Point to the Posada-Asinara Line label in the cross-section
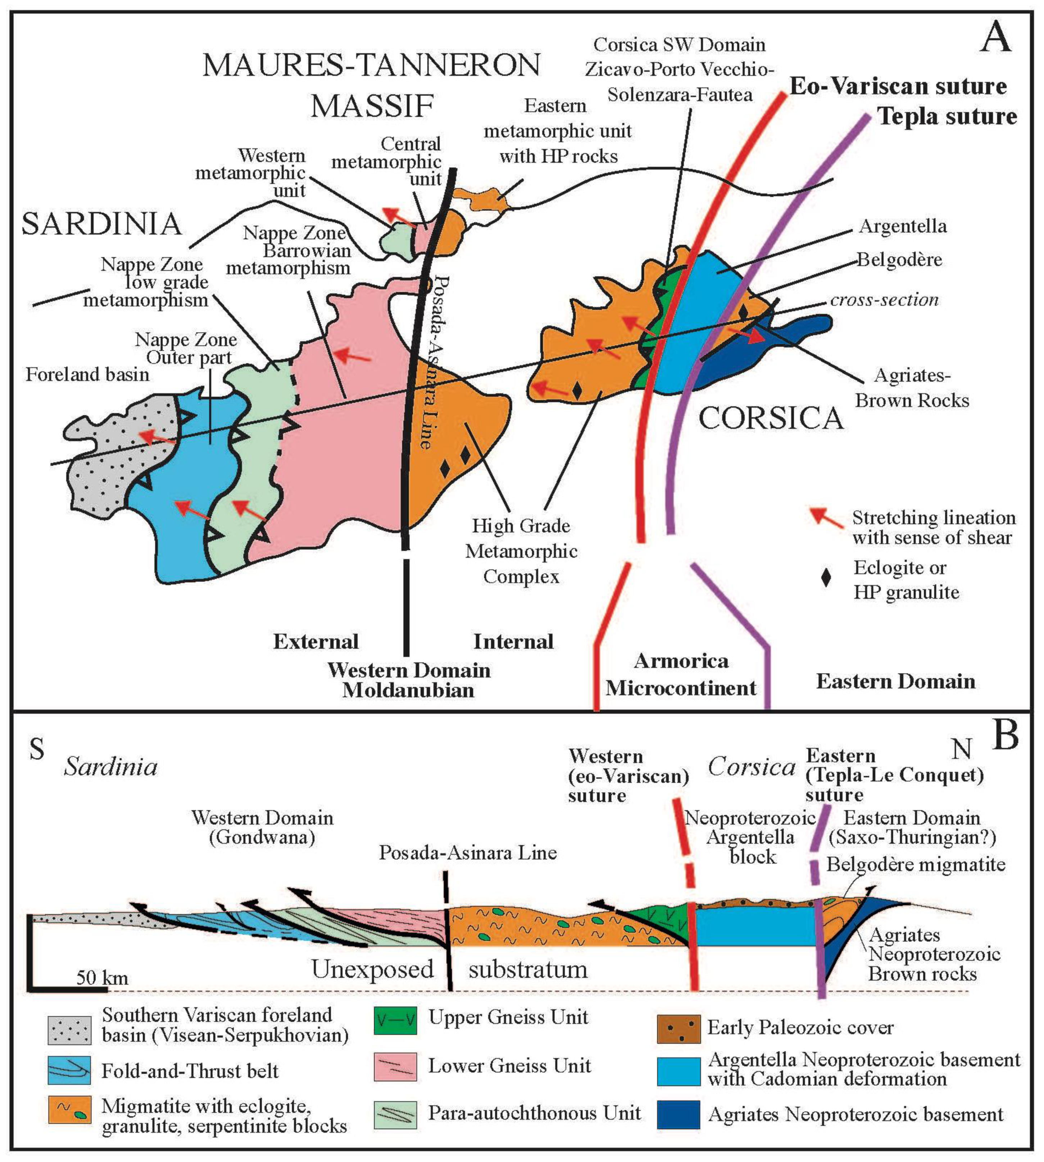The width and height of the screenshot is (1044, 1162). click(468, 853)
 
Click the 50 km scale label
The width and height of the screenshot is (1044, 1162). click(102, 977)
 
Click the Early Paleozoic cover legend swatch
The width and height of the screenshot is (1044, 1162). click(678, 1027)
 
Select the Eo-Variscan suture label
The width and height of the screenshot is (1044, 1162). click(898, 86)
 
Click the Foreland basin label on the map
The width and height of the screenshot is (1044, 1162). click(87, 375)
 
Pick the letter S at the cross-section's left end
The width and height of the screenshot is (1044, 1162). click(37, 749)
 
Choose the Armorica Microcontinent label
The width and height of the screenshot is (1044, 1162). click(681, 674)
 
